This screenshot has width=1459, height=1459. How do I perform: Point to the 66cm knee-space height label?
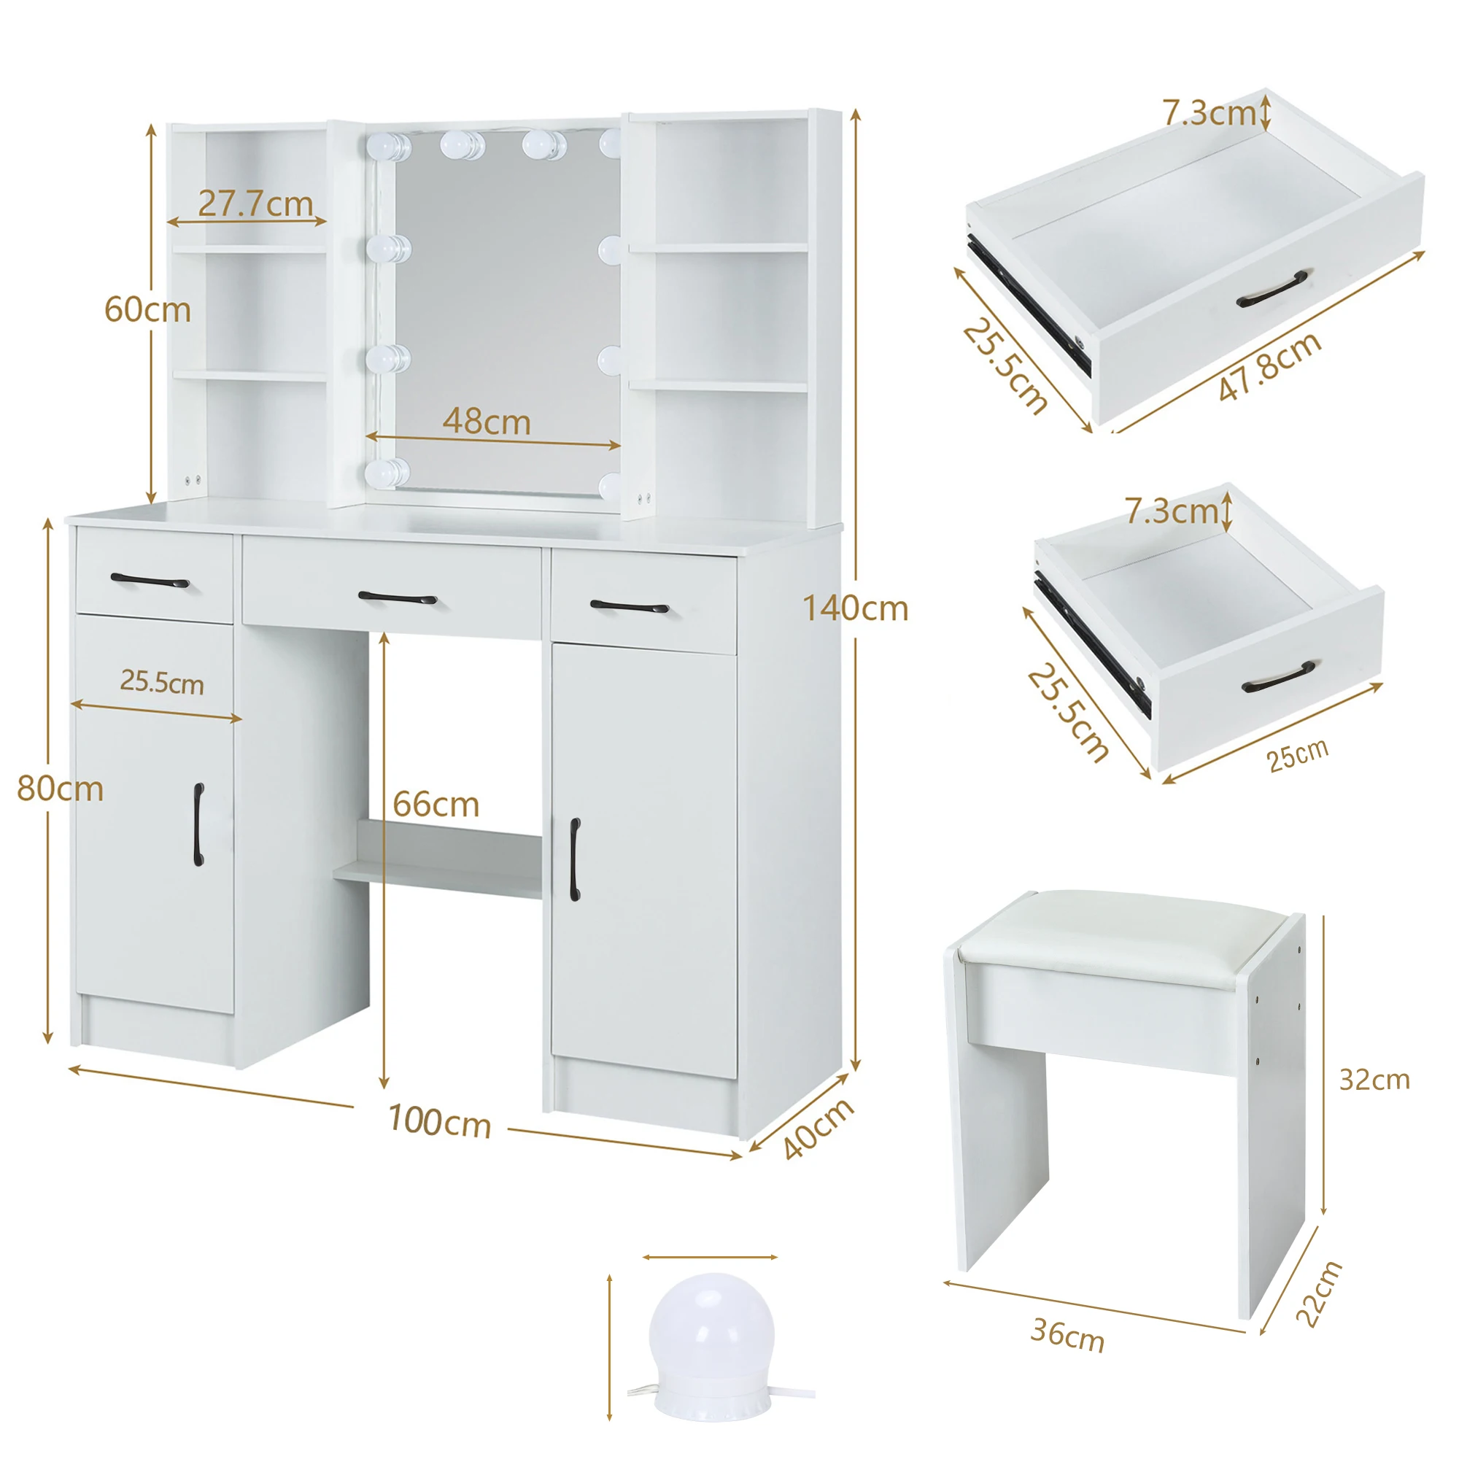[x=436, y=805]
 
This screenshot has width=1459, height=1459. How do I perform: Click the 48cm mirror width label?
[x=487, y=422]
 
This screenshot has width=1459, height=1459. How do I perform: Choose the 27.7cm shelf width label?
[x=255, y=204]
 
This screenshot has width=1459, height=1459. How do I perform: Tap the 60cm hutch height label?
[x=147, y=310]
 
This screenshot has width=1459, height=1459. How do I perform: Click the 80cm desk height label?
[x=60, y=789]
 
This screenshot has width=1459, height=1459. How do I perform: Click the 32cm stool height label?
[x=1374, y=1080]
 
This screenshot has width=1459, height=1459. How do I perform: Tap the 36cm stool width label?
[x=1067, y=1335]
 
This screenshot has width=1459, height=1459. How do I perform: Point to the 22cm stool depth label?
[x=1319, y=1293]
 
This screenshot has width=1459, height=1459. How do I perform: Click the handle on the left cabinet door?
[x=198, y=824]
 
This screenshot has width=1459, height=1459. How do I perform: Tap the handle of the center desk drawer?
[x=398, y=599]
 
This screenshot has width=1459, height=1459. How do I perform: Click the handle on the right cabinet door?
[x=575, y=859]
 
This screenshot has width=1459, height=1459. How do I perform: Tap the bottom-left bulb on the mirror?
[x=387, y=473]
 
